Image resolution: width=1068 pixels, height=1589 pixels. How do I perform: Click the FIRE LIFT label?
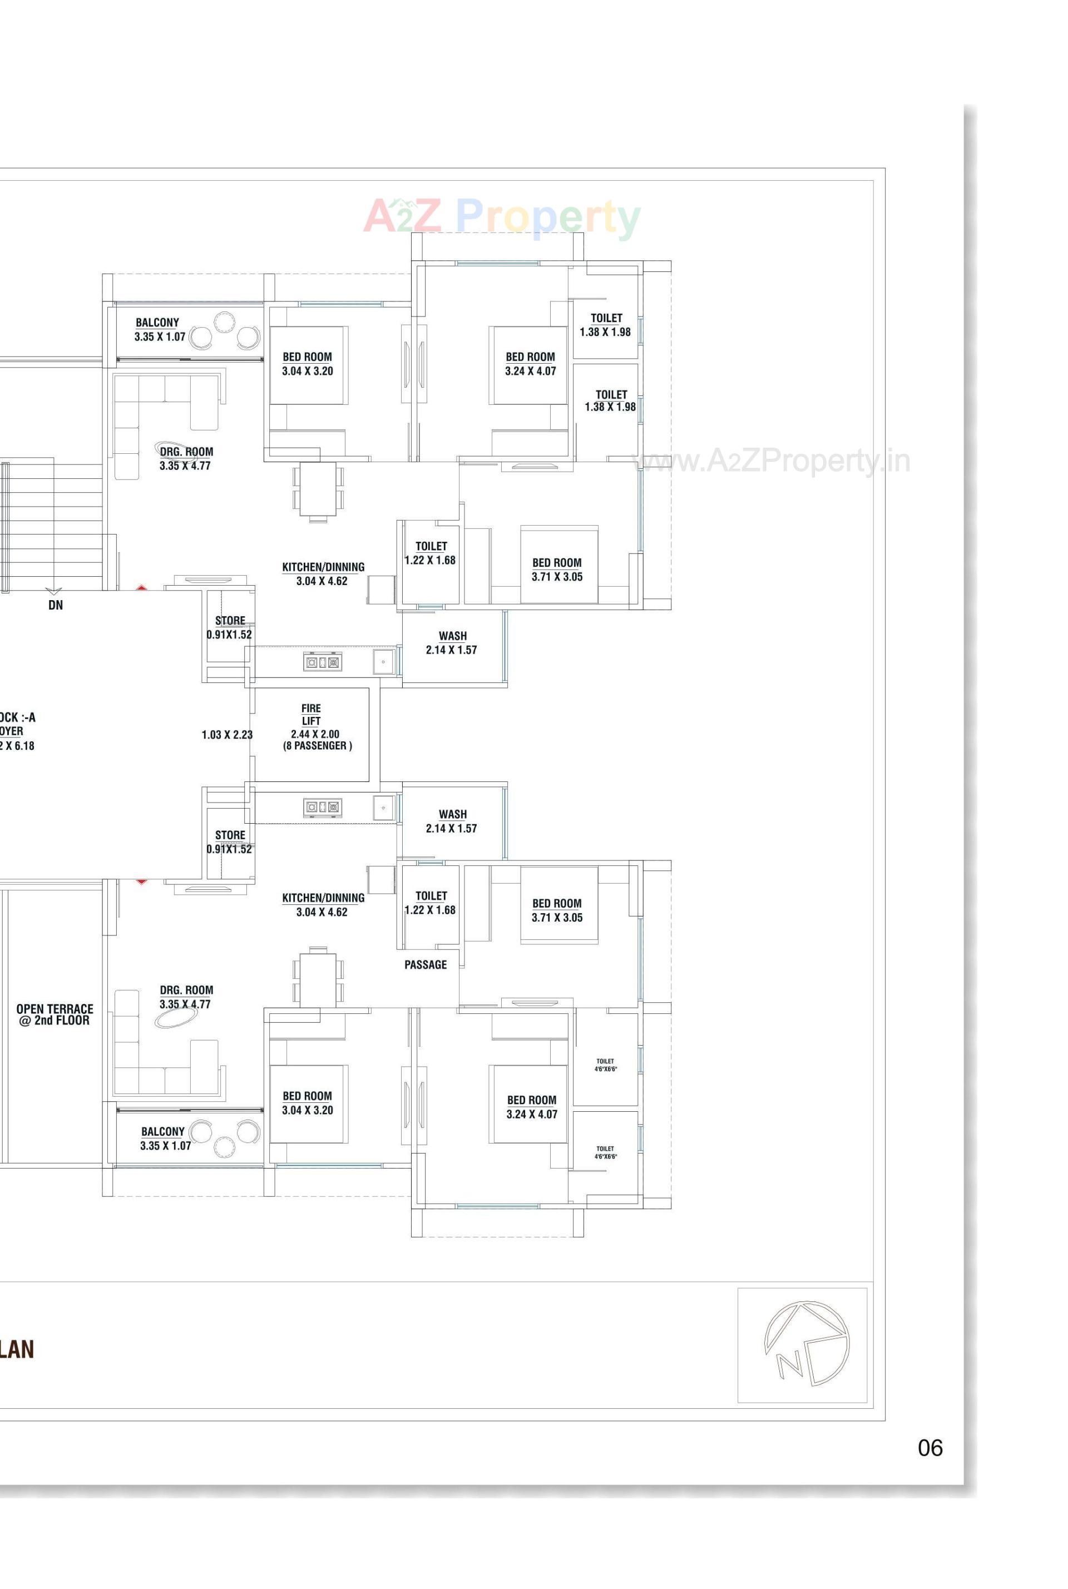coord(311,715)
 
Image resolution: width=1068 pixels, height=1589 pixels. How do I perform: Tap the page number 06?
coord(929,1447)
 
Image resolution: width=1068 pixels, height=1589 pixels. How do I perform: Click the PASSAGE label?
coord(425,964)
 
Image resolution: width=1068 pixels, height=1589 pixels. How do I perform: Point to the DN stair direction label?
coord(55,605)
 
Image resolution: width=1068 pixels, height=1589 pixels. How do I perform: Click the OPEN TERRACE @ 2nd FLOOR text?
coord(55,1014)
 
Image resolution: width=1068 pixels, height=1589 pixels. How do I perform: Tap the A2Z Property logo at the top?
coord(501,217)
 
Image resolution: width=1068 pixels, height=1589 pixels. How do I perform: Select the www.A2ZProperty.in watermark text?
coord(772,461)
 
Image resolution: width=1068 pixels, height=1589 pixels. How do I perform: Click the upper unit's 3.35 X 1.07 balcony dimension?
coord(160,336)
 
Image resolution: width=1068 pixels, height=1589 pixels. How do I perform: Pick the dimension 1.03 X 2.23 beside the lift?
coord(227,735)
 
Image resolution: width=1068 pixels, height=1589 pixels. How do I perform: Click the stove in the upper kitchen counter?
coord(322,662)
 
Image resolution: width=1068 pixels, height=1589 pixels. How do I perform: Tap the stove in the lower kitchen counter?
coord(322,807)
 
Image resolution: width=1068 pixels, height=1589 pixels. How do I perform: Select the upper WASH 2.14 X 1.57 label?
coord(452,643)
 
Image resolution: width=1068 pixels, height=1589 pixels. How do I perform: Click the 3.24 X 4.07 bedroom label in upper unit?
coord(530,371)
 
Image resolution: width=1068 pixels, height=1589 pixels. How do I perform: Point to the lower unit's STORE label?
coord(230,835)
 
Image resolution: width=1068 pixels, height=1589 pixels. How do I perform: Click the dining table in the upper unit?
coord(318,489)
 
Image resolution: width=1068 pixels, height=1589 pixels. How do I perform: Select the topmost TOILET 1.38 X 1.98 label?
coord(606,325)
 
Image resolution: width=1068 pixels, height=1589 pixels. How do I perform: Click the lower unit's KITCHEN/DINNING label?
coord(323,898)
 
